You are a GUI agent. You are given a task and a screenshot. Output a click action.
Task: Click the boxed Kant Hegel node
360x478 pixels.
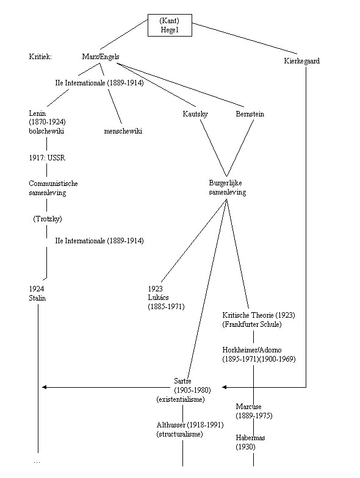pos(170,26)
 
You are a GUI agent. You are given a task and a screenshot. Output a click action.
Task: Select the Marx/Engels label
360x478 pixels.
pos(101,57)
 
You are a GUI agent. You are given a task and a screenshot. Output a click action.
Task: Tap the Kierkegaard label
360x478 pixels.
pos(301,61)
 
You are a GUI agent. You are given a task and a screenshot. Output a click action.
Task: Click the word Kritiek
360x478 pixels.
pos(40,57)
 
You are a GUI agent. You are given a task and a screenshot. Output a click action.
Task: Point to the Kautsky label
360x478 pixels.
pos(195,114)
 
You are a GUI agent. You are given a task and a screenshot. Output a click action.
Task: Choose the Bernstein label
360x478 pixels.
pos(250,114)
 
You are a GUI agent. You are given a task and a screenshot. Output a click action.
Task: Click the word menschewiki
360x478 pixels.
pos(123,131)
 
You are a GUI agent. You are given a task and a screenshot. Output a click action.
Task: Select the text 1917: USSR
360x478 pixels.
pos(47,158)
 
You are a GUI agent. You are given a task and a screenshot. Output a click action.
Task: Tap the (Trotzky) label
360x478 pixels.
pos(48,219)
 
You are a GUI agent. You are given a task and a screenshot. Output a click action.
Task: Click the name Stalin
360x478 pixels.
pos(37,298)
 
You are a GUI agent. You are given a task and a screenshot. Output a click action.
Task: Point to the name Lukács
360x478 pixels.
pos(158,298)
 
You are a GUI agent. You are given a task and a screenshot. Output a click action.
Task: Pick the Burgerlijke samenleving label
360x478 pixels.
pos(227,188)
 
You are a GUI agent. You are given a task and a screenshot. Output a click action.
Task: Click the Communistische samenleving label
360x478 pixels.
pos(54,188)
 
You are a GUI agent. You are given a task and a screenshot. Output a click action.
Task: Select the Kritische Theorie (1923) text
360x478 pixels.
pos(259,315)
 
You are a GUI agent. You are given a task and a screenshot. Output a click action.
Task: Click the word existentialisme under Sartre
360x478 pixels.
pos(181,399)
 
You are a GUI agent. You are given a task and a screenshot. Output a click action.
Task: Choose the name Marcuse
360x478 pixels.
pos(249,406)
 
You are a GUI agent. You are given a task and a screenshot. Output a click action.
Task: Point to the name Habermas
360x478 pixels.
pos(250,438)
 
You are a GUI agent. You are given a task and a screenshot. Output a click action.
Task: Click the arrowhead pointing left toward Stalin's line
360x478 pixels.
pos(44,387)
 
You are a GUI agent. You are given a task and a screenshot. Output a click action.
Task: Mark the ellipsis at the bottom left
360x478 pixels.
pos(37,463)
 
